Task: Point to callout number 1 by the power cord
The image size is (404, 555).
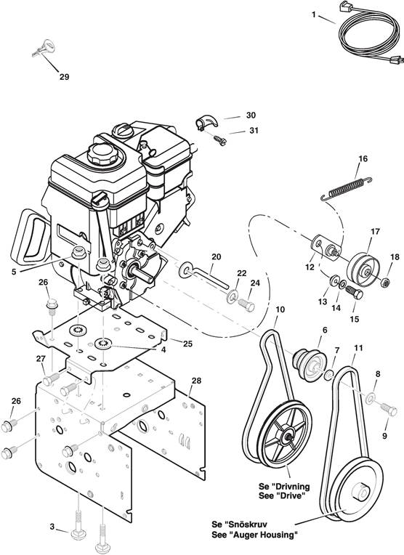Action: point(314,14)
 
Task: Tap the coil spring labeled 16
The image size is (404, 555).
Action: point(347,188)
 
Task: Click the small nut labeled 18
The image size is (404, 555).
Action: point(387,282)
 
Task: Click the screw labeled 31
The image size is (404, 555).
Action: point(220,139)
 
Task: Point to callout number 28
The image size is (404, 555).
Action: point(196,381)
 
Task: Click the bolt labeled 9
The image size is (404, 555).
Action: point(389,410)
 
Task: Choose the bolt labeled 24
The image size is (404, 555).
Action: point(246,304)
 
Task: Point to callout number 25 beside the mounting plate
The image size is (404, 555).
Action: point(187,344)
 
